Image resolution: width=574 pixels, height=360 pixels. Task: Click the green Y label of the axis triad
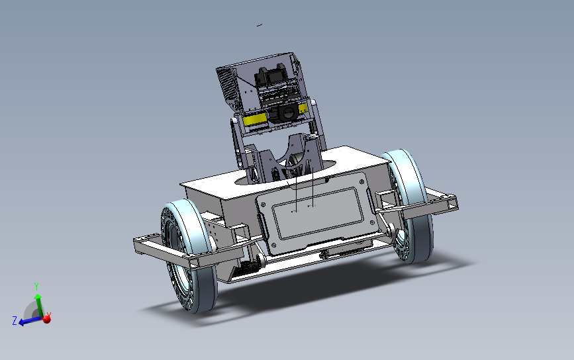(x=36, y=286)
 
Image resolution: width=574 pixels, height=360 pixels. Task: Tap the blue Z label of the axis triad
(x=15, y=321)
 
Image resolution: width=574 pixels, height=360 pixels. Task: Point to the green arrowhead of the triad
(x=38, y=296)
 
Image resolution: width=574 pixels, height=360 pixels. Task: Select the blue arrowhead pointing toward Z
(x=22, y=322)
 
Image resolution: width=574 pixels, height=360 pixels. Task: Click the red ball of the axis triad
(x=46, y=320)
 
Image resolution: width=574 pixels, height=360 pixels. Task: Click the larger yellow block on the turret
(x=254, y=119)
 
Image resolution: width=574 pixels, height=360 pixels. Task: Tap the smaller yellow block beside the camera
(x=303, y=109)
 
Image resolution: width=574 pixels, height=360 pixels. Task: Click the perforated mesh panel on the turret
(x=227, y=84)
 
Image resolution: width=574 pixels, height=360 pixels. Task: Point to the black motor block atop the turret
(x=271, y=75)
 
